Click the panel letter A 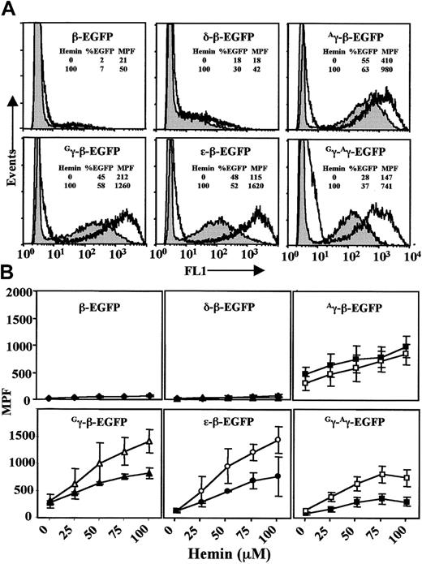click(x=11, y=9)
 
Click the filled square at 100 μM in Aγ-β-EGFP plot click(x=406, y=347)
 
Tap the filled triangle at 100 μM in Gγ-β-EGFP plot click(x=149, y=472)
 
